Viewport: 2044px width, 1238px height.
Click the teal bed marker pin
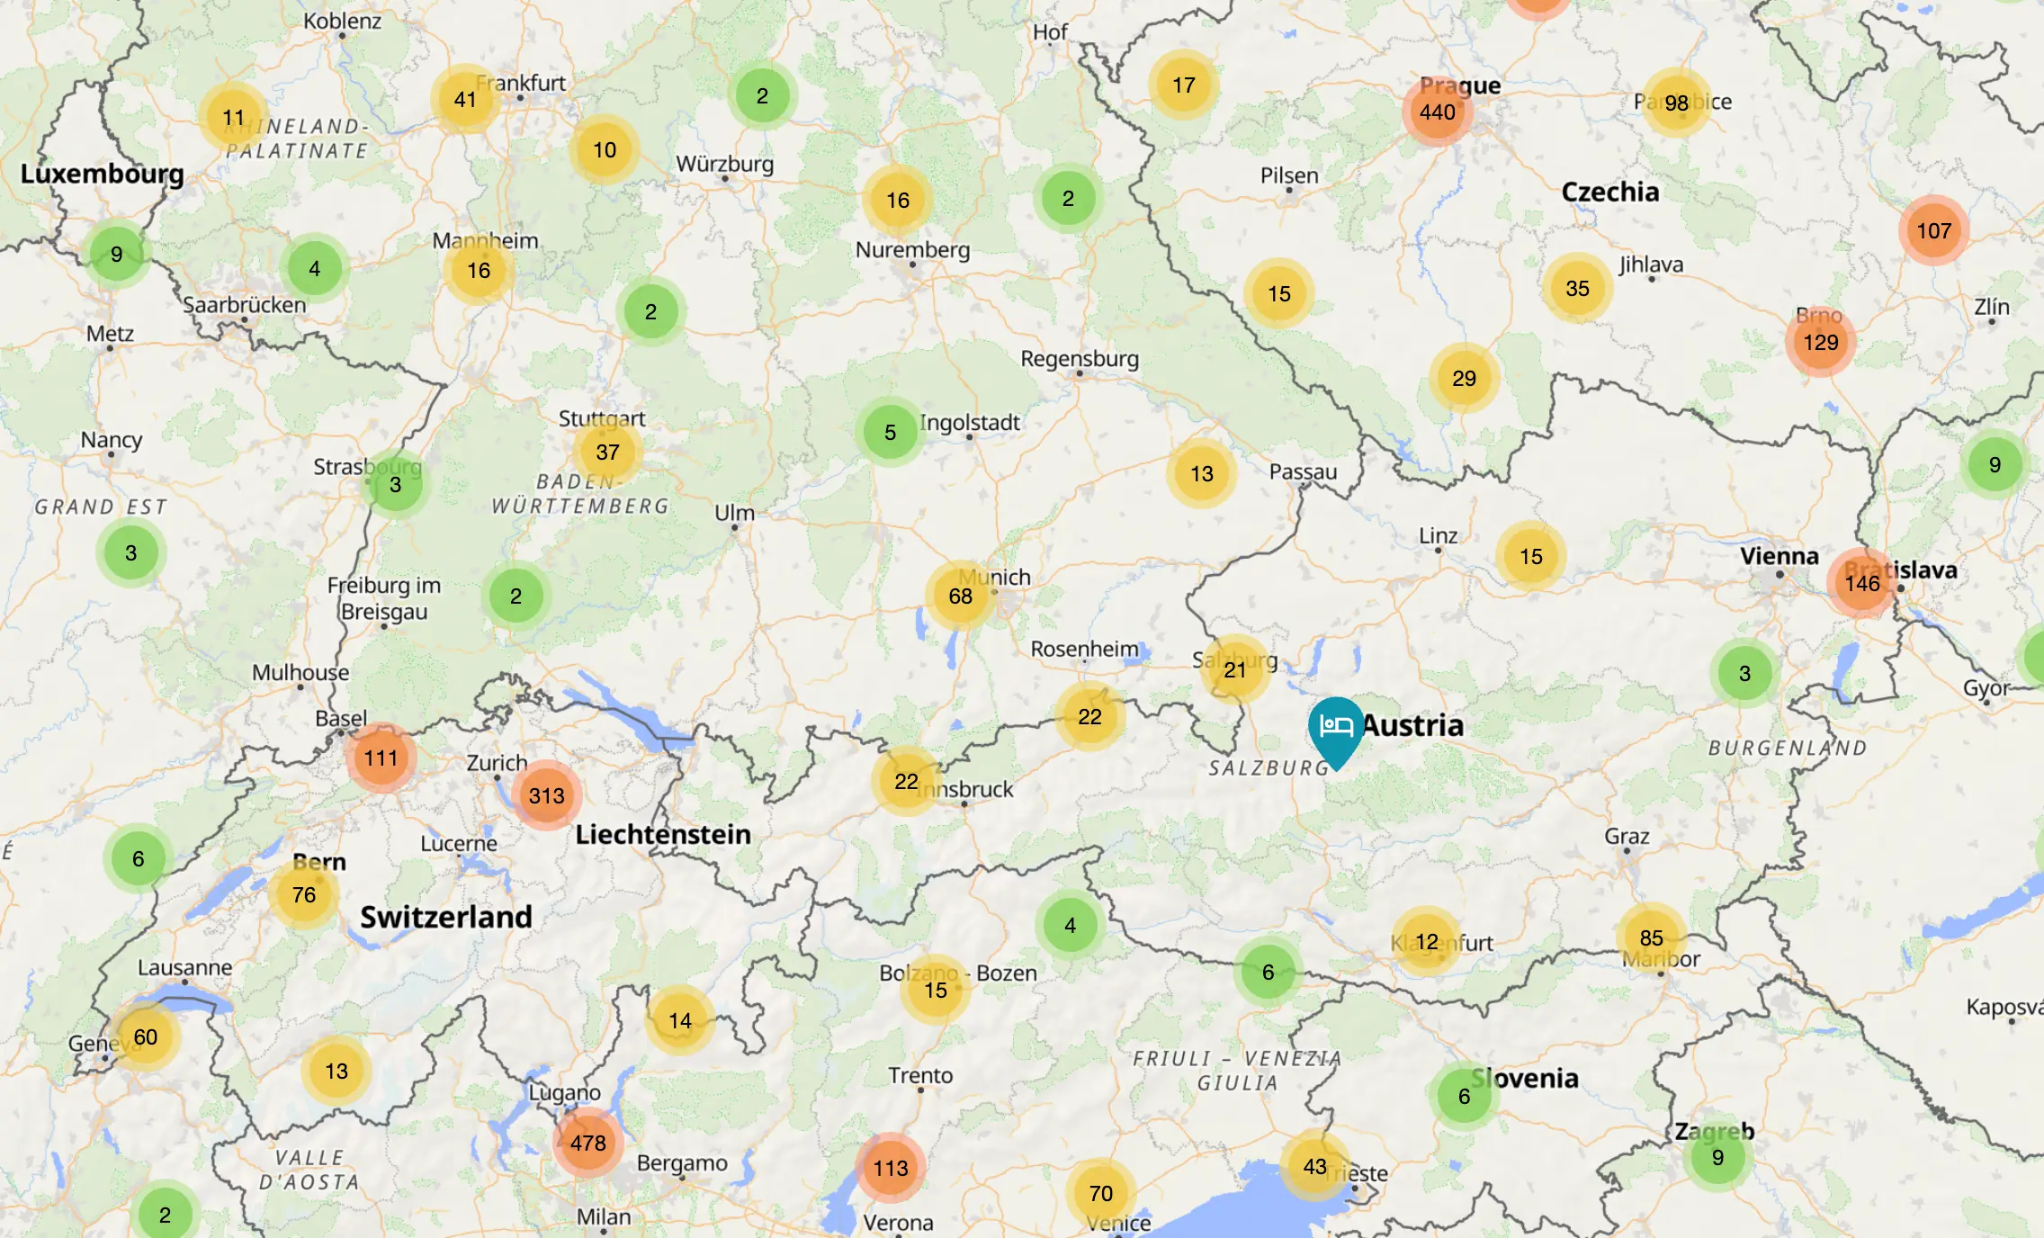(x=1336, y=727)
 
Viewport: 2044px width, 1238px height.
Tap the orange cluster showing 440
(x=1437, y=112)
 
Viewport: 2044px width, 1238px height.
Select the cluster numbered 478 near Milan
(x=587, y=1143)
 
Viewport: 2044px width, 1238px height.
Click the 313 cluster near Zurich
(x=546, y=795)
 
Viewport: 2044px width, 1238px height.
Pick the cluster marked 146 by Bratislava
(x=1861, y=583)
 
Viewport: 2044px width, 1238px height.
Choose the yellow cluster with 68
(x=960, y=596)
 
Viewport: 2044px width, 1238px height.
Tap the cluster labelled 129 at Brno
(x=1820, y=343)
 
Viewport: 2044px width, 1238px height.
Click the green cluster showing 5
(x=890, y=433)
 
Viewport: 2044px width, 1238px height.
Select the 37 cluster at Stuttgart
(x=607, y=452)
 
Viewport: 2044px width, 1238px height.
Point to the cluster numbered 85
(x=1651, y=938)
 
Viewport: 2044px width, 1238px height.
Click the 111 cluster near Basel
(x=381, y=758)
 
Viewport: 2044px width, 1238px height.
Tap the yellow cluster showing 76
(x=304, y=895)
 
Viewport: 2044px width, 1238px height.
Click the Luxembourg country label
(x=102, y=174)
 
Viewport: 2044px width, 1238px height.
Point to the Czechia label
(x=1609, y=192)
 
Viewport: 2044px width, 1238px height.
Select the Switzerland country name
(x=446, y=917)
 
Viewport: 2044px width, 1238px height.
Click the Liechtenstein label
(x=663, y=834)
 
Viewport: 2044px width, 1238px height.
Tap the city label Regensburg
(x=1079, y=359)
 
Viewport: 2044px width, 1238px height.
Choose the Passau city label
(x=1303, y=471)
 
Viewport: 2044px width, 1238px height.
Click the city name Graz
(x=1627, y=837)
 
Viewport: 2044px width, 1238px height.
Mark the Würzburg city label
(x=724, y=164)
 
